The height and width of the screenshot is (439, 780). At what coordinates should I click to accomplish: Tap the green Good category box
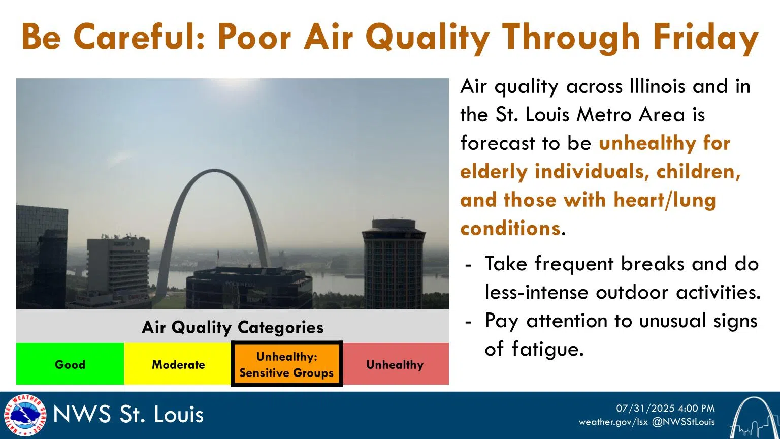click(x=70, y=364)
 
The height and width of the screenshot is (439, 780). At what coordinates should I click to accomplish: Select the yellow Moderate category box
click(x=178, y=364)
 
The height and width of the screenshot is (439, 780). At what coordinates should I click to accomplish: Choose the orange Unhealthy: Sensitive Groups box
click(x=286, y=364)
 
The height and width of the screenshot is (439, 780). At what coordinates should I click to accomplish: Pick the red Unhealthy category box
click(x=395, y=364)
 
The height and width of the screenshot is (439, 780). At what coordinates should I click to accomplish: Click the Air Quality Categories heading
click(x=233, y=327)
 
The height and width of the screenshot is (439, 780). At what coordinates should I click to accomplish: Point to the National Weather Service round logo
click(x=24, y=415)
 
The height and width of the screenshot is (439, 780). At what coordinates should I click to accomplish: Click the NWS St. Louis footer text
click(x=128, y=415)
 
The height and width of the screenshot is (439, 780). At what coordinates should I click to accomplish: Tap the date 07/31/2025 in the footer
click(x=644, y=409)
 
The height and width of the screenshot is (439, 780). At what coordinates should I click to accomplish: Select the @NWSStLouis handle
click(x=683, y=422)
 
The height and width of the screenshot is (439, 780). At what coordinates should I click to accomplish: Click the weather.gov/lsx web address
click(x=613, y=422)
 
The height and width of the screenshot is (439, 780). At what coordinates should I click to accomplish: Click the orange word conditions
click(x=510, y=229)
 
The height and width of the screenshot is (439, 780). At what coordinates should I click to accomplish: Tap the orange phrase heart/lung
click(x=665, y=200)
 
